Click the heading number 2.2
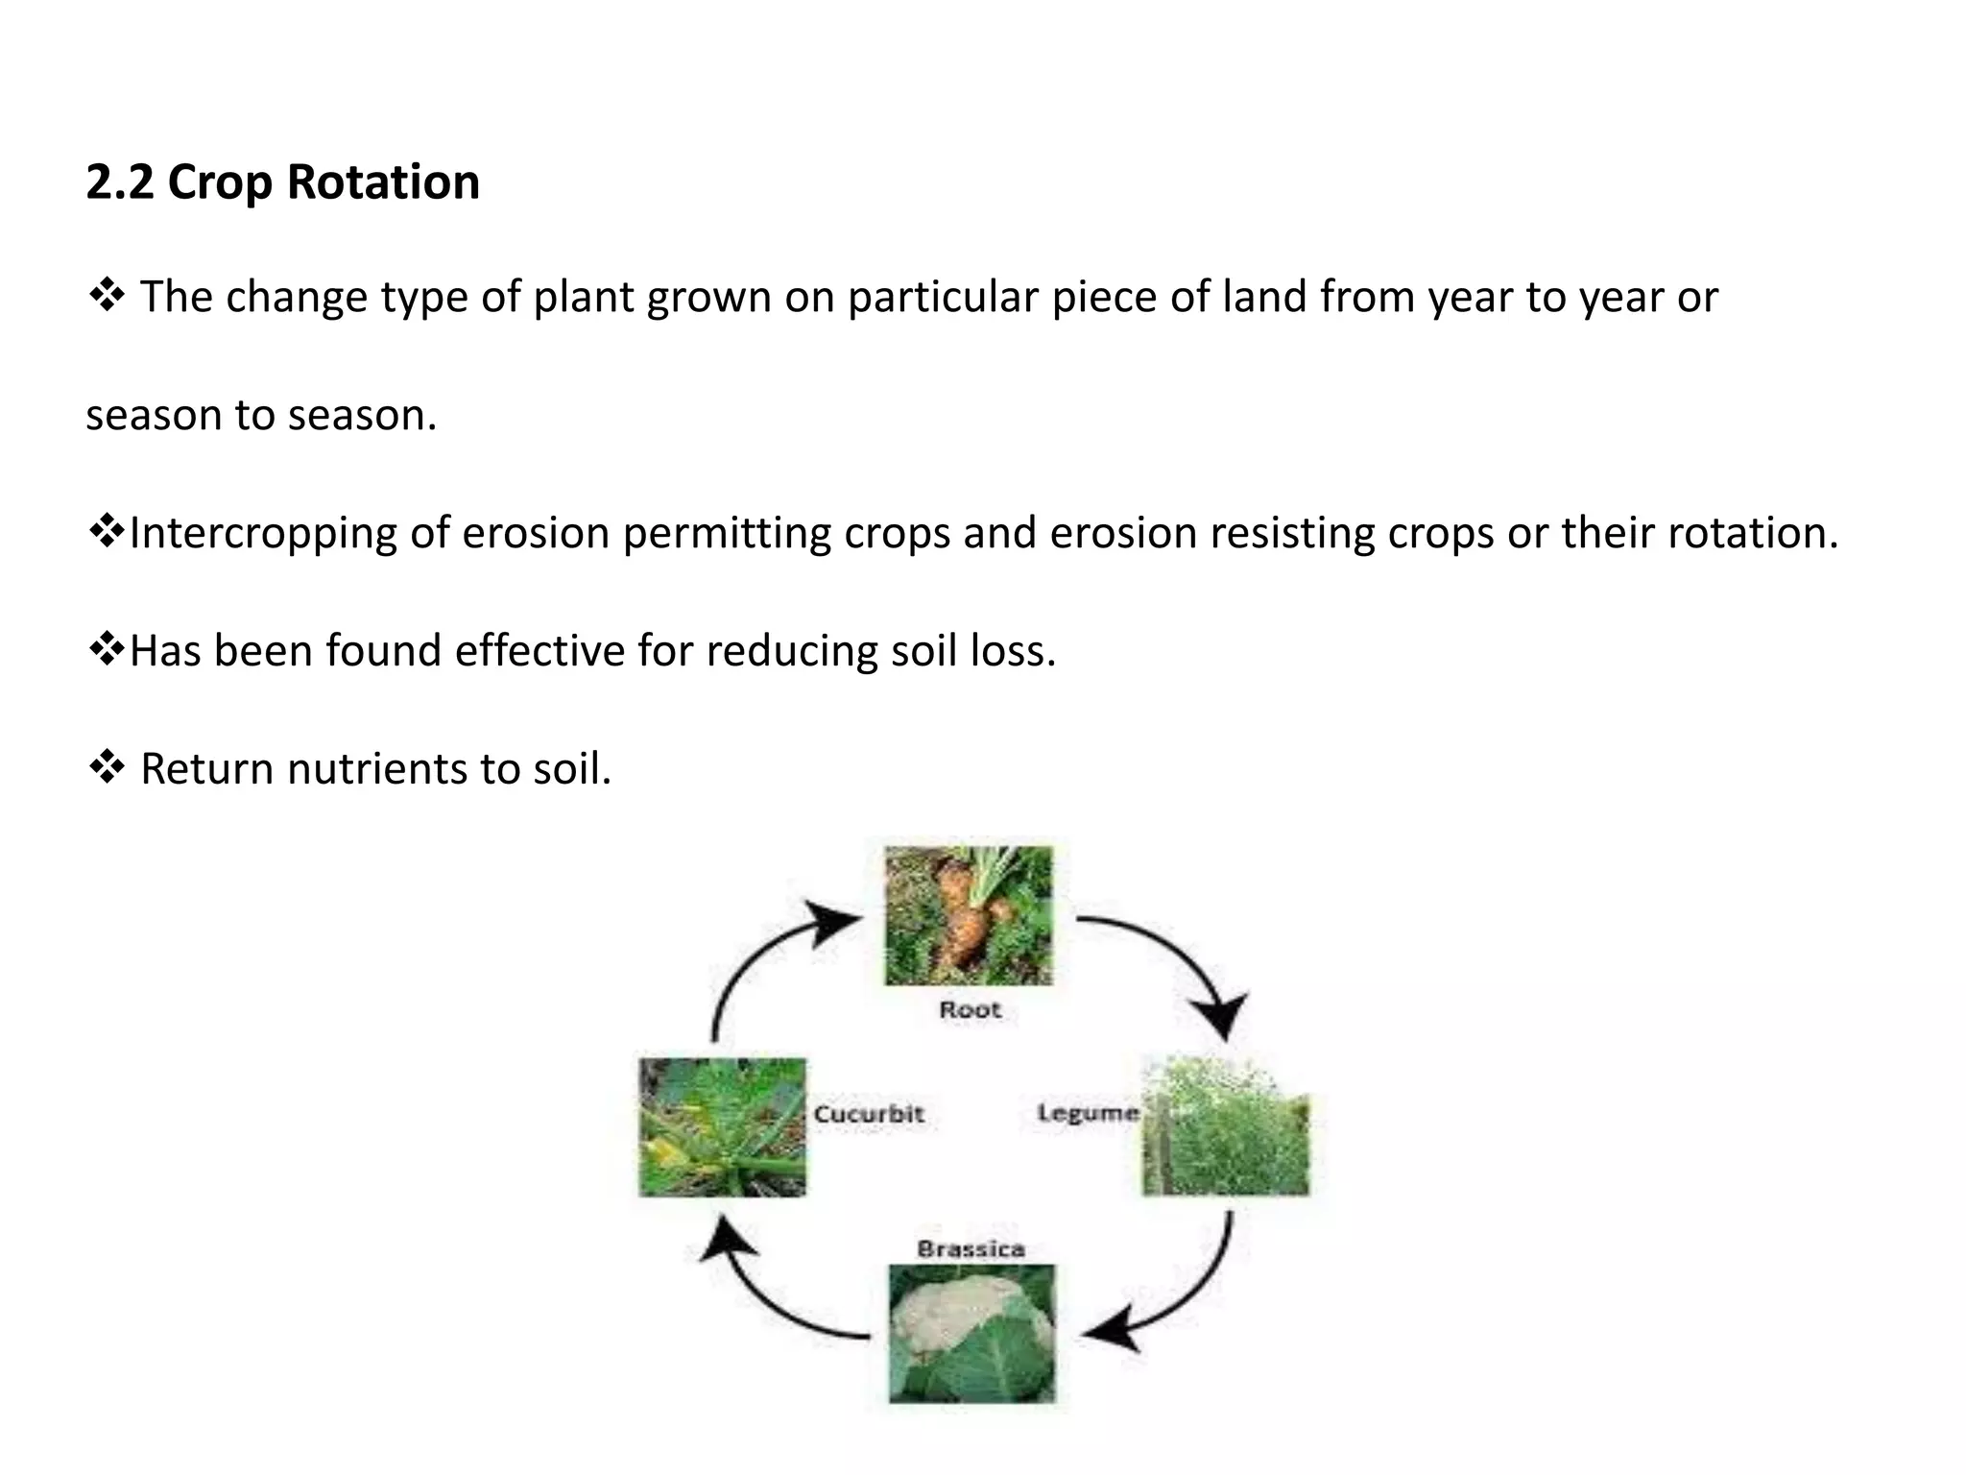(x=119, y=181)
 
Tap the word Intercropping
(x=262, y=533)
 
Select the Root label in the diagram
(x=970, y=1010)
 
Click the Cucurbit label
(x=869, y=1114)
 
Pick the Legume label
(x=1088, y=1113)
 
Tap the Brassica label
(x=971, y=1249)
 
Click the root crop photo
(x=968, y=915)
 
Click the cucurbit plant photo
(x=722, y=1127)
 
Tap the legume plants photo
(x=1225, y=1127)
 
